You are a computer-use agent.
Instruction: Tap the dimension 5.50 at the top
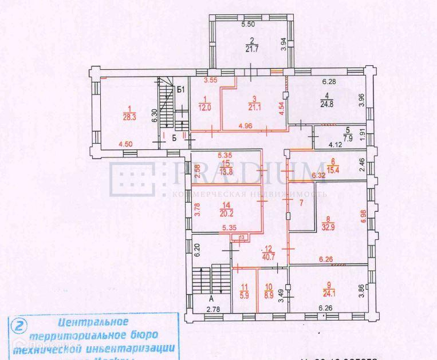click(248, 25)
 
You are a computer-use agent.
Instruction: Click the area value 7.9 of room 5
click(347, 137)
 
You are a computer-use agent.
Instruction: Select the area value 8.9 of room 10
click(269, 296)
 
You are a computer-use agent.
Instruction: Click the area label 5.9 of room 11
click(245, 296)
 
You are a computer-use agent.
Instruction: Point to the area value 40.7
click(268, 256)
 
